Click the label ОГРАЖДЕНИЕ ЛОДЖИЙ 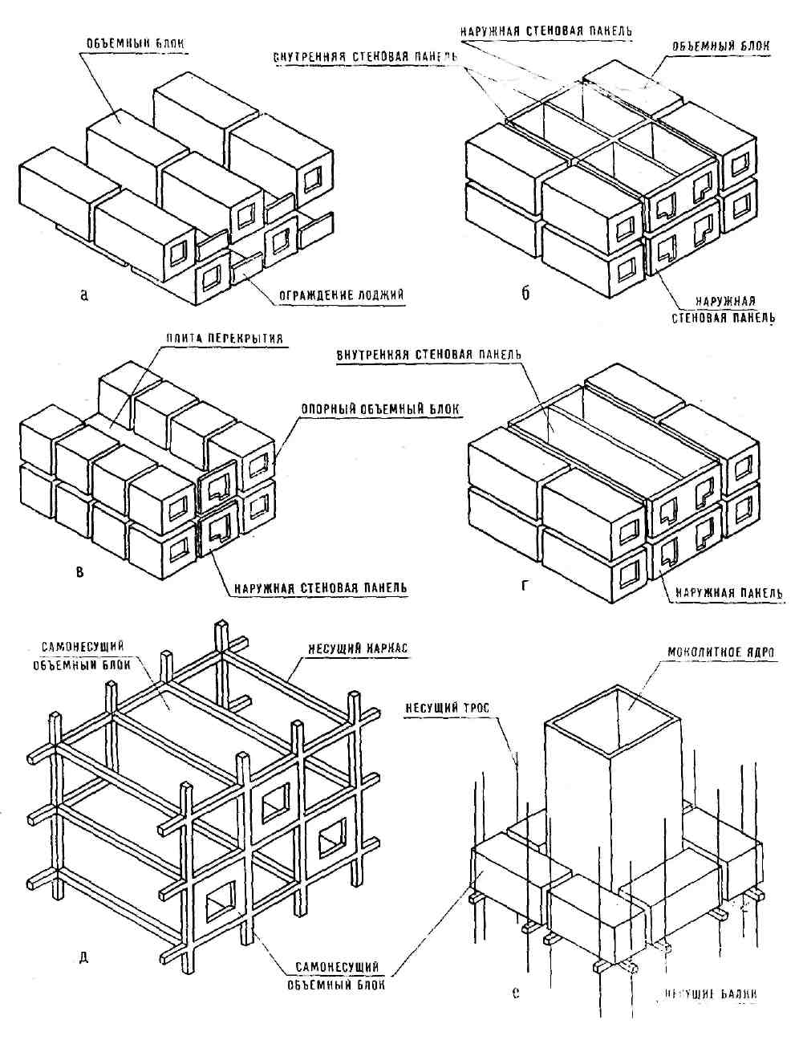[x=341, y=295]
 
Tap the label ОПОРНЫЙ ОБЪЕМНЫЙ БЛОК [x=380, y=408]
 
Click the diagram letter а [x=85, y=294]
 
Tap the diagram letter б [x=525, y=292]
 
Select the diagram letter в [x=79, y=571]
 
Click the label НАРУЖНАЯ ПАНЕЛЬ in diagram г [x=728, y=592]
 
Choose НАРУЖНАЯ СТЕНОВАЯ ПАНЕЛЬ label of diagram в [x=320, y=587]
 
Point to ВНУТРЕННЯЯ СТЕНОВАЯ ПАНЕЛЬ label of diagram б [x=365, y=57]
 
